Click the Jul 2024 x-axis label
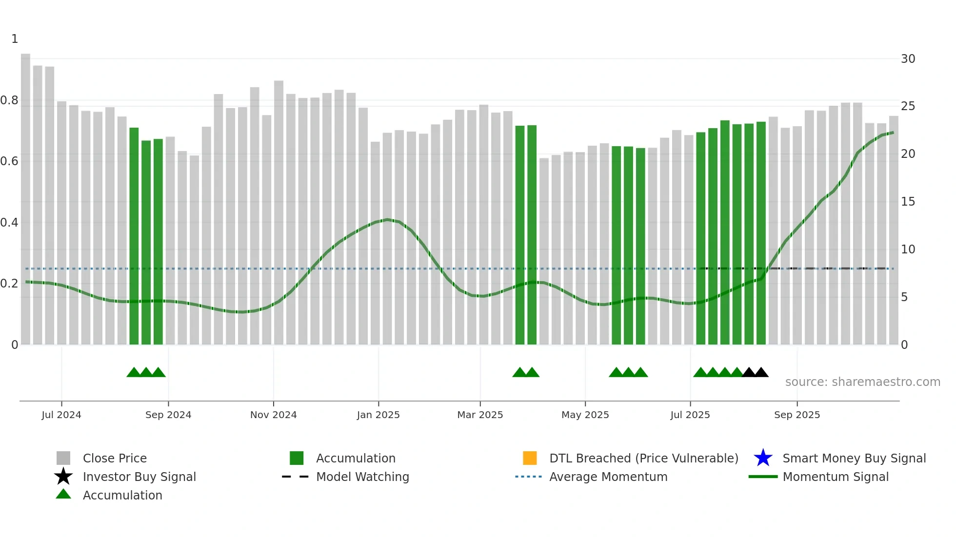[61, 415]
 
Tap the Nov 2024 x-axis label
[273, 415]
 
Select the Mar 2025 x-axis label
[480, 415]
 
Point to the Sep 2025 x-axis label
[797, 415]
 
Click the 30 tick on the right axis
[908, 59]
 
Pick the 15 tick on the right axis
[908, 202]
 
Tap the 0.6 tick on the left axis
[9, 161]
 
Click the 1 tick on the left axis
[15, 39]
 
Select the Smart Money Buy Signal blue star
[763, 458]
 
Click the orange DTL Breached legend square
[530, 458]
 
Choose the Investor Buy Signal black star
[63, 477]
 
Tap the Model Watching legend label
[362, 477]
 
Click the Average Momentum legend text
[608, 477]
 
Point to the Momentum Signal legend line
[763, 477]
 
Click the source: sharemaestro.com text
[862, 382]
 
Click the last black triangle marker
[761, 373]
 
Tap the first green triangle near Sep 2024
[134, 373]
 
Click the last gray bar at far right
[894, 229]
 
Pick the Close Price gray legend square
[63, 458]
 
